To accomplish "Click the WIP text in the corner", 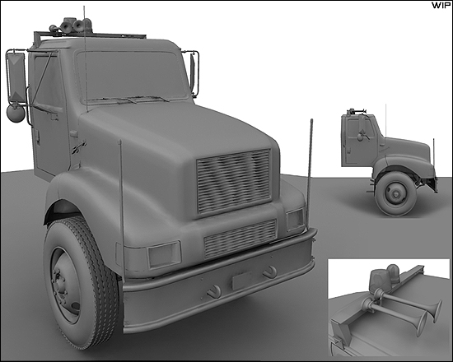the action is coord(441,6).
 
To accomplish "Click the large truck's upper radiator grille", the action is coord(234,181).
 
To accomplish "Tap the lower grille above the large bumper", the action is coord(240,239).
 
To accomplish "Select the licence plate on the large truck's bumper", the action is coord(242,280).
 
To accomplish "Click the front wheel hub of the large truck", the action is coord(61,285).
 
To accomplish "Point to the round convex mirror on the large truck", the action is coord(16,114).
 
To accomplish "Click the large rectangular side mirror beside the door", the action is coord(16,77).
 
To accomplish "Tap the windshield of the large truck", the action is coord(132,77).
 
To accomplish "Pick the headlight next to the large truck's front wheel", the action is coord(164,254).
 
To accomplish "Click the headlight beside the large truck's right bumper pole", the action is coord(295,220).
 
